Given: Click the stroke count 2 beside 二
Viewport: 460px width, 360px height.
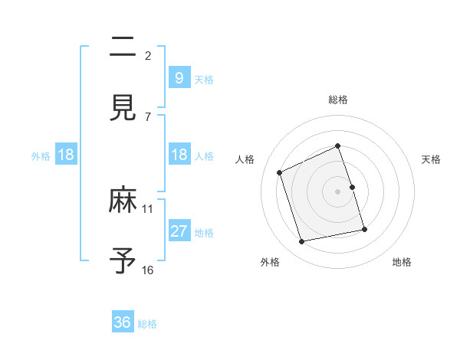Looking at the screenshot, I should coord(148,55).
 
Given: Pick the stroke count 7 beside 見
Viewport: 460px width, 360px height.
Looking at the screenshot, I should coord(148,116).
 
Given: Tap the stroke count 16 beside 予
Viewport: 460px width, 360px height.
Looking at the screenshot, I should coord(148,270).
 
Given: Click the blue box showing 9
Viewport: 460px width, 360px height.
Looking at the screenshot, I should coord(179,77).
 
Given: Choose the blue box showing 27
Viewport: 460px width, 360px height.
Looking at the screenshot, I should coord(179,231).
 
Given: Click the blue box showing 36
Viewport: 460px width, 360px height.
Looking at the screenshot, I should coord(123,322).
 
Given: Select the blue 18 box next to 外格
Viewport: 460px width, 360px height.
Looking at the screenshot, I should coord(66,155).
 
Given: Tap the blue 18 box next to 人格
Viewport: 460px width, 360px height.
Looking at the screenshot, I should coord(179,155).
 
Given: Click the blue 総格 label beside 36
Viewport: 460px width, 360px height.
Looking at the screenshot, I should coord(147,324).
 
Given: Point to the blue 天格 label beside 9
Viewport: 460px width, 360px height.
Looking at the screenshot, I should coord(204,79).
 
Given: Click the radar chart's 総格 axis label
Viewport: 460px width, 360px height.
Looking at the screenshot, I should coord(338,100).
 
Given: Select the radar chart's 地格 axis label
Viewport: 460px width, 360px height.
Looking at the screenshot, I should coord(402,262).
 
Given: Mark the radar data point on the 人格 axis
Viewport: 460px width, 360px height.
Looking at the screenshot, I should coord(281,172).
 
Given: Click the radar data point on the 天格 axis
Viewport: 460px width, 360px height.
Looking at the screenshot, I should coord(352,187).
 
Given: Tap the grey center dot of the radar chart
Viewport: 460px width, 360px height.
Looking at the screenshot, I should coord(338,191).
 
